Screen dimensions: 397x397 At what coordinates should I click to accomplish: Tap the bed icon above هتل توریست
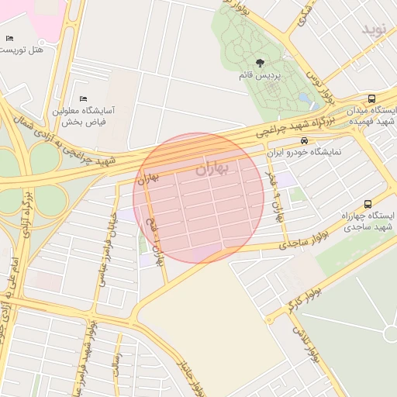tap(9, 38)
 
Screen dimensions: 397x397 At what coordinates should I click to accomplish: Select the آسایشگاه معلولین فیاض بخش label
tap(83, 116)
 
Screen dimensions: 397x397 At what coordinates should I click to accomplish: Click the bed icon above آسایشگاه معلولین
tap(83, 98)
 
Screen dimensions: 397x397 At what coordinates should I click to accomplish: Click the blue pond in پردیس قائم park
tap(303, 102)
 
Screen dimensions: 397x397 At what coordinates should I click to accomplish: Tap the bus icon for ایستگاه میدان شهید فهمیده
tap(372, 98)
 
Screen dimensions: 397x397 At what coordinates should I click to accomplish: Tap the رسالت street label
tap(116, 365)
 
